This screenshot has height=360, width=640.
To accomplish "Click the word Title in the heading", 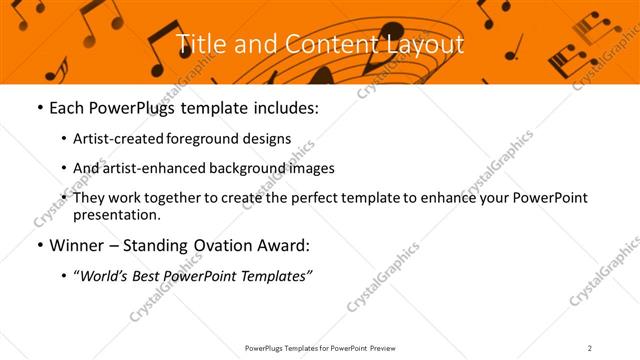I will [x=200, y=44].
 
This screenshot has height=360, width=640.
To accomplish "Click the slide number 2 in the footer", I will [x=590, y=348].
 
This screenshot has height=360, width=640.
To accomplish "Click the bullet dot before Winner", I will [x=38, y=245].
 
